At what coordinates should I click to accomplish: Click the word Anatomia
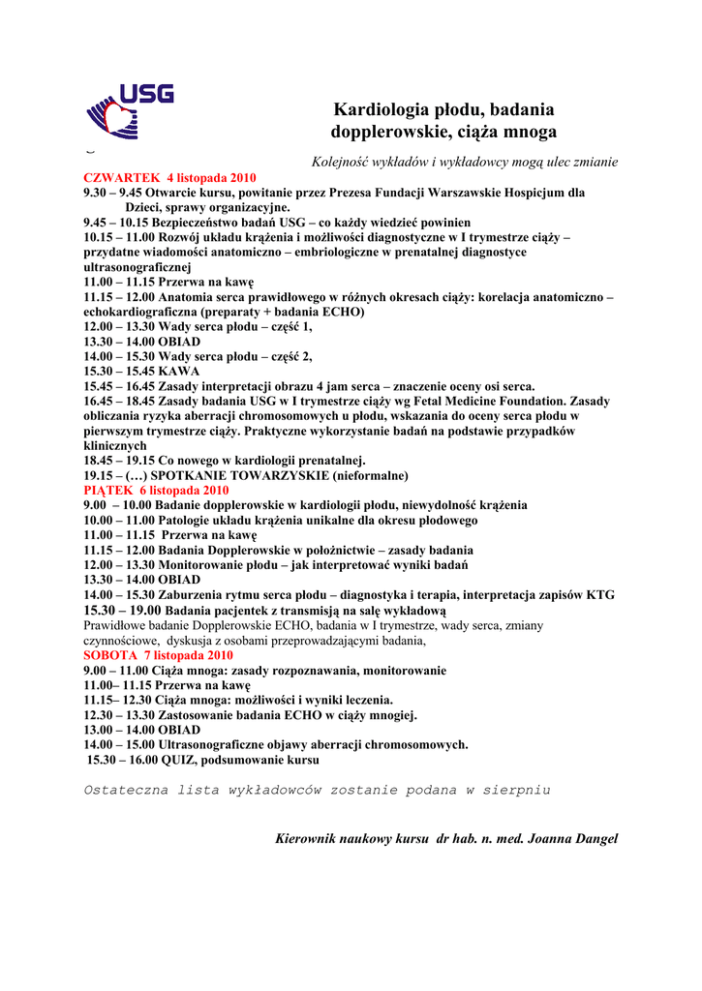tap(188, 297)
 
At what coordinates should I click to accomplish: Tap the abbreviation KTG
tap(600, 595)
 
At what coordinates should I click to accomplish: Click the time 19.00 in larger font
tap(144, 611)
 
